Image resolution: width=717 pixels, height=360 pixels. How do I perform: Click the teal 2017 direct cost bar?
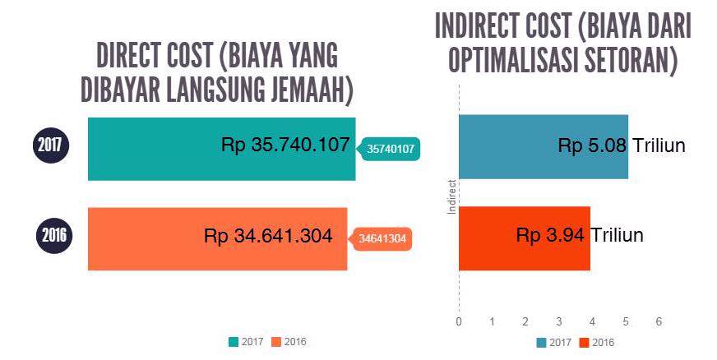click(222, 149)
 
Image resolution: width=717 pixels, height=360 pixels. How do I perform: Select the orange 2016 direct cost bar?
click(218, 239)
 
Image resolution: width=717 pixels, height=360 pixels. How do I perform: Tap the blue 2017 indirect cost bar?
click(544, 146)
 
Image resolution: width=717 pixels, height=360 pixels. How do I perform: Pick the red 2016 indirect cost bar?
click(525, 239)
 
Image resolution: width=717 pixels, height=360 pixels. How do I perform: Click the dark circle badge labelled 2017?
click(50, 145)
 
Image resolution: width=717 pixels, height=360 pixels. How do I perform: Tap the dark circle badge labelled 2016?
click(54, 235)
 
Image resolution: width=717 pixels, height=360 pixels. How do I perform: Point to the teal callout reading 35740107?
click(391, 149)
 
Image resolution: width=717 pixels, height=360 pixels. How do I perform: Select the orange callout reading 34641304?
click(381, 238)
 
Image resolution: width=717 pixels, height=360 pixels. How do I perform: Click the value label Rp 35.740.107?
click(285, 145)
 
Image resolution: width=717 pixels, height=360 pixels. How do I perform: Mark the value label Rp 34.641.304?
click(268, 236)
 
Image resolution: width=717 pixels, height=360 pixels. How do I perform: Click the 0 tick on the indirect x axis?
click(459, 321)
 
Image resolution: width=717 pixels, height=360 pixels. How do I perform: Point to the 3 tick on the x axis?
click(559, 321)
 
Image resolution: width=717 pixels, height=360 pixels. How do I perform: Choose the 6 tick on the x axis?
click(659, 321)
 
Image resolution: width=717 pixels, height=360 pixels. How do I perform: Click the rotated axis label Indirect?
click(452, 197)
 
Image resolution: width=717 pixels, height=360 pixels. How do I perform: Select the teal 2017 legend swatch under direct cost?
click(234, 342)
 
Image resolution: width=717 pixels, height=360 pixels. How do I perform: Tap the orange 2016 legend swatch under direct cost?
click(275, 342)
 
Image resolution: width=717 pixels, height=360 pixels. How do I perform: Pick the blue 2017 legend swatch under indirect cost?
click(541, 343)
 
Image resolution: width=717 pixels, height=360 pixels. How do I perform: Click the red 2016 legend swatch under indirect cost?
click(584, 343)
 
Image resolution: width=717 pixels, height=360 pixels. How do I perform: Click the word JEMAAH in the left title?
click(312, 90)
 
